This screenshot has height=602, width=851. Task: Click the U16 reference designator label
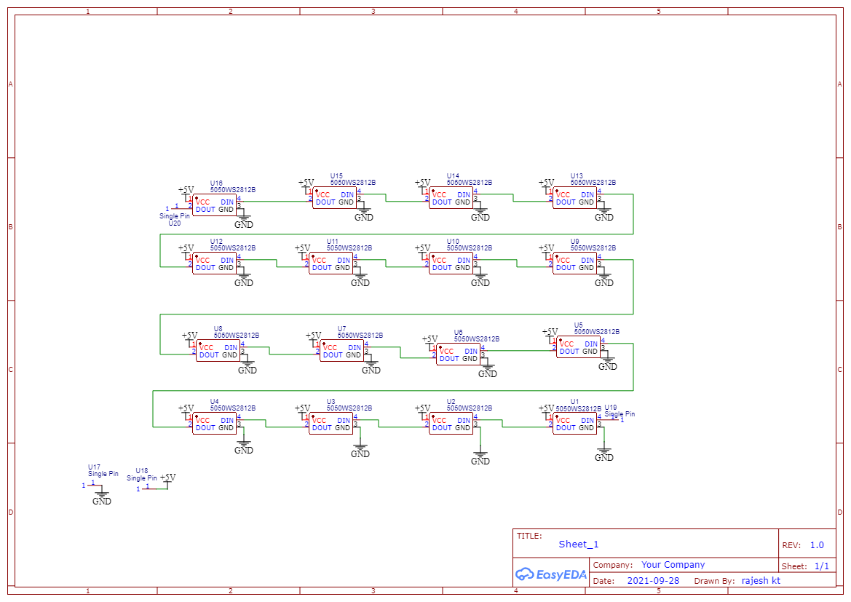[x=216, y=183]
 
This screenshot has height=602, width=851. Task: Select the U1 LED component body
[x=575, y=424]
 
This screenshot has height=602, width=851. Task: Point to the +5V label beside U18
[x=168, y=478]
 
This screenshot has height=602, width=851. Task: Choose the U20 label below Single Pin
[x=175, y=223]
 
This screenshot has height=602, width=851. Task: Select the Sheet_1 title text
[x=579, y=544]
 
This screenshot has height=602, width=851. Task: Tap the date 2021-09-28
[x=653, y=580]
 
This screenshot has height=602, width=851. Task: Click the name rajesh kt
[x=761, y=580]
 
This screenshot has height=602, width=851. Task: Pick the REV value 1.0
[x=817, y=544]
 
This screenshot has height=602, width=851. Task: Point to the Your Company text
[x=673, y=564]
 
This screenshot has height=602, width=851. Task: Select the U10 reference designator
[x=453, y=241]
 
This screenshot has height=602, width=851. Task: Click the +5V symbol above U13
[x=546, y=183]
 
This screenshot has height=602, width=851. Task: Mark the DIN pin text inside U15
[x=347, y=194]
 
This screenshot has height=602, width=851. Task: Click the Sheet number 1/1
[x=821, y=566]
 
